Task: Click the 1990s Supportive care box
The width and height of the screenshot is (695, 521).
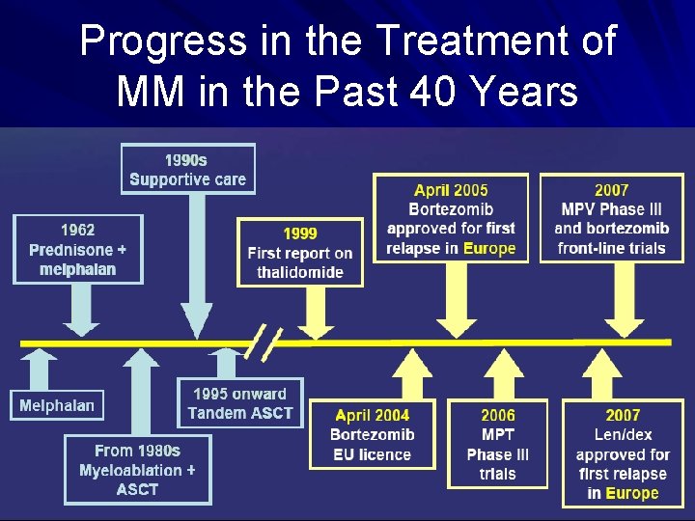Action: (188, 169)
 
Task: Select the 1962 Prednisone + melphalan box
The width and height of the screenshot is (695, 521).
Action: (77, 249)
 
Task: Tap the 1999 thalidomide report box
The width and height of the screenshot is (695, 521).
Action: (300, 253)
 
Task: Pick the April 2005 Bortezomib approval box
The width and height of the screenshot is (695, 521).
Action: (451, 219)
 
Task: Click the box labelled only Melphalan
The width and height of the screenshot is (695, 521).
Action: (57, 405)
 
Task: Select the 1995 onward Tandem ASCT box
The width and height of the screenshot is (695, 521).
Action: (239, 403)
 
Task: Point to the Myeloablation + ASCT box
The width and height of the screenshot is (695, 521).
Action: (137, 470)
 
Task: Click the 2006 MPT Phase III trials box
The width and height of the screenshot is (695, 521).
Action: (497, 444)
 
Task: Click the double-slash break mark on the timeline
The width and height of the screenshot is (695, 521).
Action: (265, 343)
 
